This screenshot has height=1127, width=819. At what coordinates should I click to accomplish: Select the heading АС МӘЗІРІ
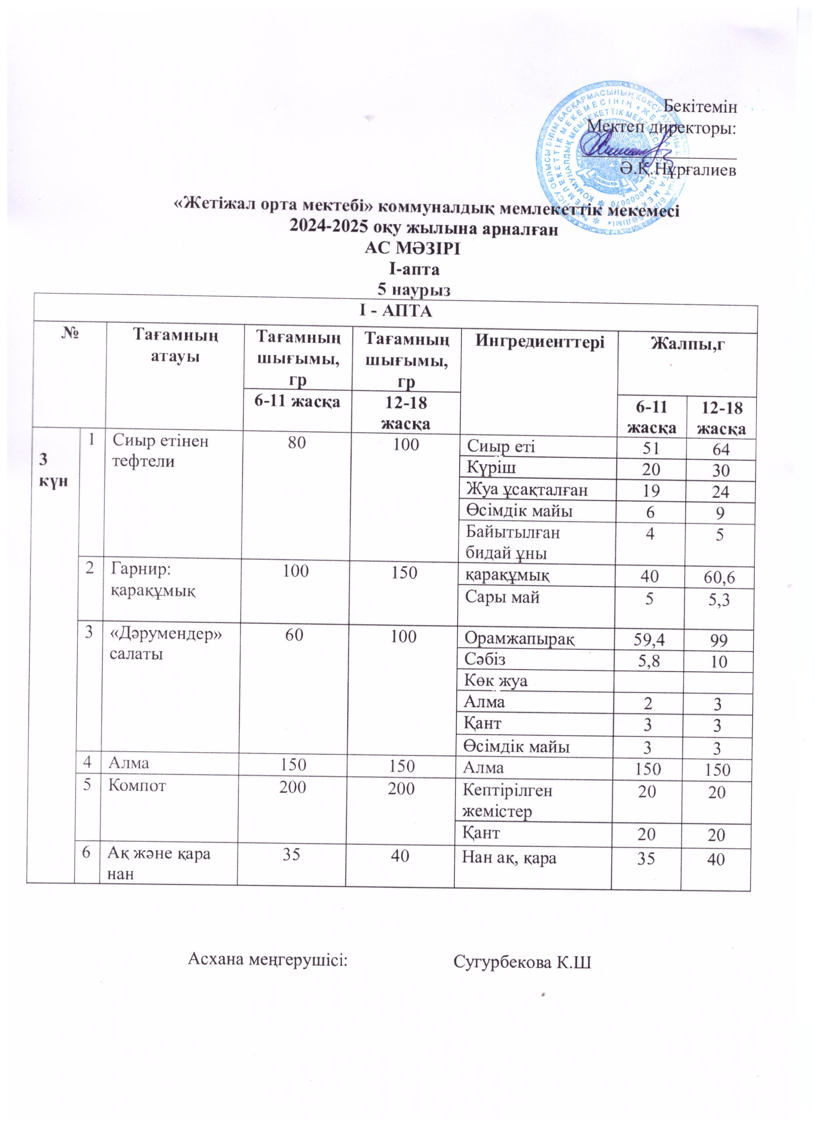(x=412, y=249)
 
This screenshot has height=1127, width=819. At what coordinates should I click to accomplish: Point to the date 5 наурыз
(x=412, y=289)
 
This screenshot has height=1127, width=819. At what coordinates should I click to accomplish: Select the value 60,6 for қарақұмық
(x=717, y=577)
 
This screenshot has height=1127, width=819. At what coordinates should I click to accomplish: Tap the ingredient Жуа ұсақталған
(x=526, y=490)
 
